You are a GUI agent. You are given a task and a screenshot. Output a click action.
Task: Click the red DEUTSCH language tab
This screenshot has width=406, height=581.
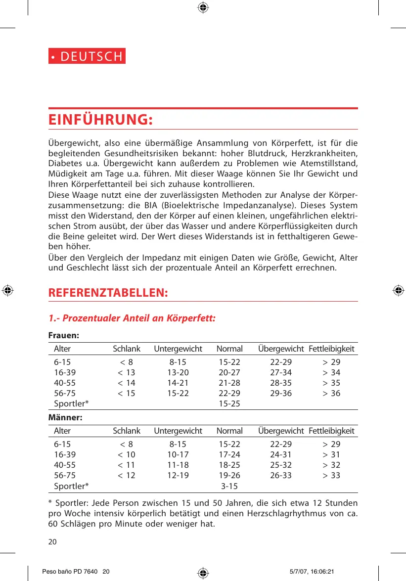click(87, 56)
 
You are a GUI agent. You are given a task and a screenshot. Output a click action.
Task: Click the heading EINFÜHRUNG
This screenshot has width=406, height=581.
click(100, 120)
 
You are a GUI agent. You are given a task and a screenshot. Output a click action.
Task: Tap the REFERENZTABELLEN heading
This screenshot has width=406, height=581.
click(108, 292)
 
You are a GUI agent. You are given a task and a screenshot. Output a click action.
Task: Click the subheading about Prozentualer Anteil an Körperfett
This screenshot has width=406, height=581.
click(132, 318)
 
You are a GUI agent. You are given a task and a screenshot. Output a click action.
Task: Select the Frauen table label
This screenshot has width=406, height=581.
click(64, 335)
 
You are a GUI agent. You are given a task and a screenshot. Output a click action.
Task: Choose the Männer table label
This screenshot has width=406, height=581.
click(65, 417)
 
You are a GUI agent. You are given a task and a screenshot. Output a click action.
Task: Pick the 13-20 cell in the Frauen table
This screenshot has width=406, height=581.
click(178, 372)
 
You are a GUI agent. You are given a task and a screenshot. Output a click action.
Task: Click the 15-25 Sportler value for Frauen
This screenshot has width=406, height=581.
click(229, 404)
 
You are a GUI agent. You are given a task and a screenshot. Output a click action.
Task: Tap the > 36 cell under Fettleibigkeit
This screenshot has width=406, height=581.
click(331, 394)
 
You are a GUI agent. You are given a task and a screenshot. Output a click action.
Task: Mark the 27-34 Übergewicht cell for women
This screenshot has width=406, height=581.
click(281, 372)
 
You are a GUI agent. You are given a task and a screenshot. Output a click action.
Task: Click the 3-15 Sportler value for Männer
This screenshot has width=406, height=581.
click(229, 486)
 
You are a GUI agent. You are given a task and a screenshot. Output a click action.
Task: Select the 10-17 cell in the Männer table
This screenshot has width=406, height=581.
click(178, 454)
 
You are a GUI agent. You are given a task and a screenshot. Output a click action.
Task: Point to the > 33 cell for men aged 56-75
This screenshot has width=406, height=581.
click(331, 476)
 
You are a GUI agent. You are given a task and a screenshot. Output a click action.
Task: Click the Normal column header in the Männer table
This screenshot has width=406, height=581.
click(229, 431)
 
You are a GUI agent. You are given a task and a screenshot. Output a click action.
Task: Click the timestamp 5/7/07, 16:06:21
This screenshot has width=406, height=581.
click(312, 572)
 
